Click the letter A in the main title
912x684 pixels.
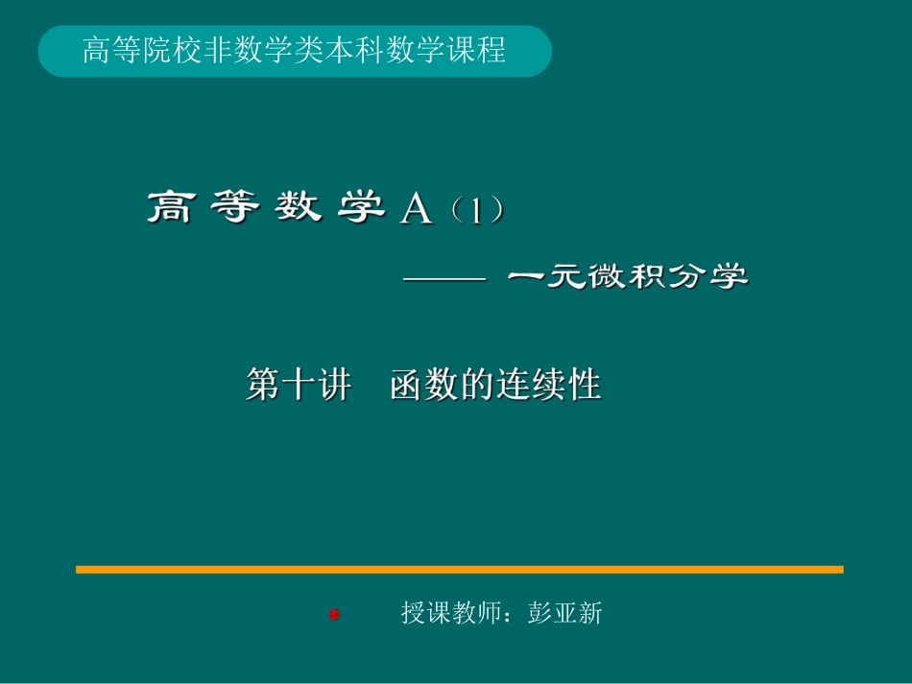pyautogui.click(x=417, y=208)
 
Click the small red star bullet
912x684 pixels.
pyautogui.click(x=335, y=614)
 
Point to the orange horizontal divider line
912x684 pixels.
pyautogui.click(x=459, y=570)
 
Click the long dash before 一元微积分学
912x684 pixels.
pyautogui.click(x=445, y=279)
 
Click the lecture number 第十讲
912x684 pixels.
pyautogui.click(x=299, y=386)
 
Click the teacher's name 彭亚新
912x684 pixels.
pyautogui.click(x=564, y=613)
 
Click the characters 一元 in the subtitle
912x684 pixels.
pyautogui.click(x=547, y=278)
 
